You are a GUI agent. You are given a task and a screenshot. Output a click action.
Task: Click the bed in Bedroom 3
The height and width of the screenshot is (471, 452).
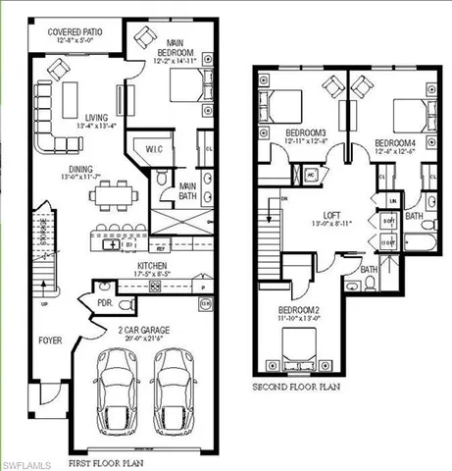pos(281,104)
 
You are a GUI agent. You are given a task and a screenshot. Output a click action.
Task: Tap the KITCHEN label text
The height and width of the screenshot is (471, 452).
pos(125,266)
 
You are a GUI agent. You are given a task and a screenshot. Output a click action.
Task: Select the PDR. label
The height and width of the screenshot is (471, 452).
pos(103,302)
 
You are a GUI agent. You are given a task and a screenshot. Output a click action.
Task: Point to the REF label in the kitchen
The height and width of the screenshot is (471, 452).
pos(160,249)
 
